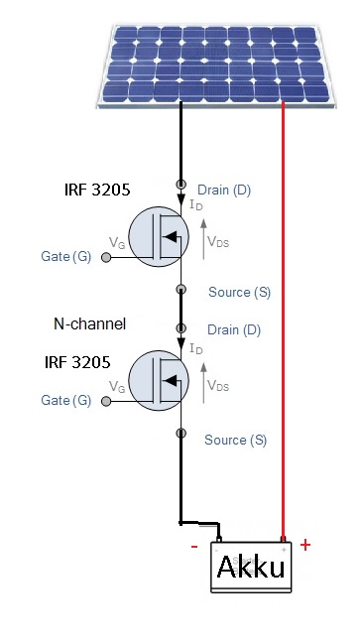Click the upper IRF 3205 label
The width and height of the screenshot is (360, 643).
pyautogui.click(x=97, y=190)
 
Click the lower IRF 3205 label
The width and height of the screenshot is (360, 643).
pyautogui.click(x=77, y=362)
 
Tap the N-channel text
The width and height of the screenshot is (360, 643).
pyautogui.click(x=90, y=323)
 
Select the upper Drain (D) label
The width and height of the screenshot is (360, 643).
pyautogui.click(x=224, y=191)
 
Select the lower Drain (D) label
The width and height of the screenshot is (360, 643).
pyautogui.click(x=234, y=330)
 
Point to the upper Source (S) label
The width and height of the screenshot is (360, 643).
pyautogui.click(x=239, y=293)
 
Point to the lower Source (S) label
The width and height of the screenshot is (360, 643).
pyautogui.click(x=235, y=440)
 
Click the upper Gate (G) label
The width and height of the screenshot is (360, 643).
pyautogui.click(x=66, y=257)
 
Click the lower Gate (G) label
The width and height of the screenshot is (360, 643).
pyautogui.click(x=66, y=400)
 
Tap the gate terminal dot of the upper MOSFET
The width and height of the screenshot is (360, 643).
pyautogui.click(x=106, y=258)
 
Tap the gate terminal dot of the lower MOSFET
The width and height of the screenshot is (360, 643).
pyautogui.click(x=106, y=401)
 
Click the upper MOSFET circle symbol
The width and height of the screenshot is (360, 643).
pyautogui.click(x=159, y=236)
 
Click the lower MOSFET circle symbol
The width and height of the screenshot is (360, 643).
pyautogui.click(x=159, y=381)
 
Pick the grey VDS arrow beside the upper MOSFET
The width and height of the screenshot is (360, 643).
pyautogui.click(x=203, y=239)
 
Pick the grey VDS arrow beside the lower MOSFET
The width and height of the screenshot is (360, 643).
pyautogui.click(x=203, y=383)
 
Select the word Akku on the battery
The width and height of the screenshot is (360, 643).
pyautogui.click(x=251, y=567)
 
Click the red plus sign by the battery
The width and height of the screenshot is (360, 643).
pyautogui.click(x=305, y=545)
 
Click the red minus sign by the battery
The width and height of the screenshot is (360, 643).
pyautogui.click(x=194, y=547)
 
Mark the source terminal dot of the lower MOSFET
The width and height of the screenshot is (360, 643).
pyautogui.click(x=180, y=433)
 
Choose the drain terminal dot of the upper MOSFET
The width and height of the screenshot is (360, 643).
pyautogui.click(x=180, y=185)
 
